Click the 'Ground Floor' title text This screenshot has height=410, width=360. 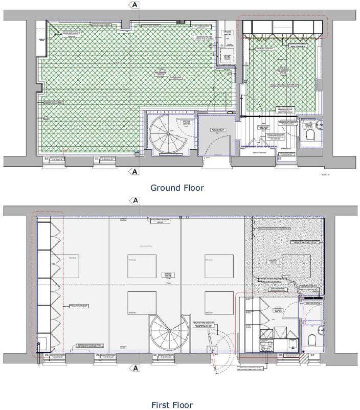click(x=177, y=188)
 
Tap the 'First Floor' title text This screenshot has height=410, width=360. click(x=172, y=405)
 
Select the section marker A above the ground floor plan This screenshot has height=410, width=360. click(x=134, y=5)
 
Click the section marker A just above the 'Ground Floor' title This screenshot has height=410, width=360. click(x=134, y=172)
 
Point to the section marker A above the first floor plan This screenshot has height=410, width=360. click(x=135, y=200)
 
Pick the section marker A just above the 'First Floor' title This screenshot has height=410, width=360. click(x=135, y=368)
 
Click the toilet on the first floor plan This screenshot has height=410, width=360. click(x=312, y=339)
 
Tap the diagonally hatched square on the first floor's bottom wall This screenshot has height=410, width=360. click(x=304, y=360)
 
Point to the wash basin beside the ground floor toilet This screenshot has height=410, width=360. click(x=320, y=124)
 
